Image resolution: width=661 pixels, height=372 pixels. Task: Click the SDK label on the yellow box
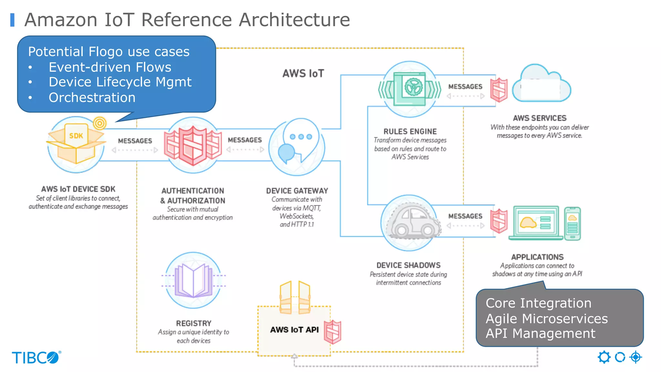[x=76, y=136]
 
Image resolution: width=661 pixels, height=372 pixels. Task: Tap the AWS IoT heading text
[x=303, y=74]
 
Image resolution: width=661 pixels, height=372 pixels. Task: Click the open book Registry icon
[x=193, y=280]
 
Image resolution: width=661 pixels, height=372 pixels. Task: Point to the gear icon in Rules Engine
[x=413, y=87]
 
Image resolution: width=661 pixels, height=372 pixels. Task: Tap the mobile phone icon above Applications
[x=572, y=223]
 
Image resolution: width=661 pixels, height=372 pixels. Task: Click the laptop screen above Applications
[x=536, y=222]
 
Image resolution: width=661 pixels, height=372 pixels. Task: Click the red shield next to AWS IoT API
[x=332, y=332]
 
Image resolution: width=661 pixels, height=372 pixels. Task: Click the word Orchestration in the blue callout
[x=92, y=98]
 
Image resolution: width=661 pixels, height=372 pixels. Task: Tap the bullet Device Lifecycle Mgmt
[x=120, y=82]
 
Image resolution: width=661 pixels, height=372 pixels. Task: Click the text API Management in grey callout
[x=540, y=333]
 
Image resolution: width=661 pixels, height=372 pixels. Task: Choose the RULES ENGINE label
[x=410, y=131]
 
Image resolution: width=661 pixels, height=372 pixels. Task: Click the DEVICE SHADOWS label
[x=408, y=265]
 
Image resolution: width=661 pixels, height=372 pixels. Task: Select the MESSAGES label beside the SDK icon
[x=135, y=141]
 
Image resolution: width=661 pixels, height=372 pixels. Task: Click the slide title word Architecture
[x=294, y=20]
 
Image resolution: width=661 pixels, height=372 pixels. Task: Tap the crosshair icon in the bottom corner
[x=636, y=357]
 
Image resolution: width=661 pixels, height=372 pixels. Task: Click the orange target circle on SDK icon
[x=100, y=123]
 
